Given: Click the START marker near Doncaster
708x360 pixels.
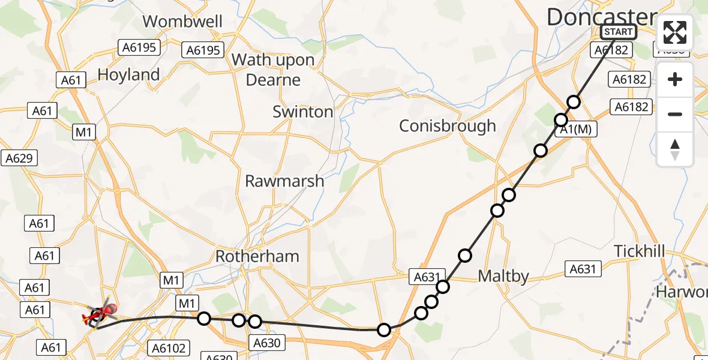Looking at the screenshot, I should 618,32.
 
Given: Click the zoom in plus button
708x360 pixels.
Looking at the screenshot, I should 675,80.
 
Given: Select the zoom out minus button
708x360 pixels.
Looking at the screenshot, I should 675,114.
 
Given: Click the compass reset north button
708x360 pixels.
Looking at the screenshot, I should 675,149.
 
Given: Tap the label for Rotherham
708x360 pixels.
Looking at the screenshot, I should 257,256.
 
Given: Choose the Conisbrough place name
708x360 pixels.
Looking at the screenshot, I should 448,126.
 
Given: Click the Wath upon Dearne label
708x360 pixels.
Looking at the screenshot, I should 273,70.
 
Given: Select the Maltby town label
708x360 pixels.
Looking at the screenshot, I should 503,276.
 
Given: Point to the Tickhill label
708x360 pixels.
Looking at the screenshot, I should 640,251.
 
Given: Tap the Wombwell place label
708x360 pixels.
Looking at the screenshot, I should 182,22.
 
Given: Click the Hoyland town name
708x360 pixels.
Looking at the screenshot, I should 128,75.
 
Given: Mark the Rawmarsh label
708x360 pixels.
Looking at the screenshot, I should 284,181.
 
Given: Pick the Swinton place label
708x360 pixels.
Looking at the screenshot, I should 302,112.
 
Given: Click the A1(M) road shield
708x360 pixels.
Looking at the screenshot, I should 577,130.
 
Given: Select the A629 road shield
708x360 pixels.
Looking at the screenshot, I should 19,158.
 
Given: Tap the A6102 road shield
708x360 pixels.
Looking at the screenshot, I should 169,347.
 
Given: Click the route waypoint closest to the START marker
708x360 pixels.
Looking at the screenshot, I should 574,101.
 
